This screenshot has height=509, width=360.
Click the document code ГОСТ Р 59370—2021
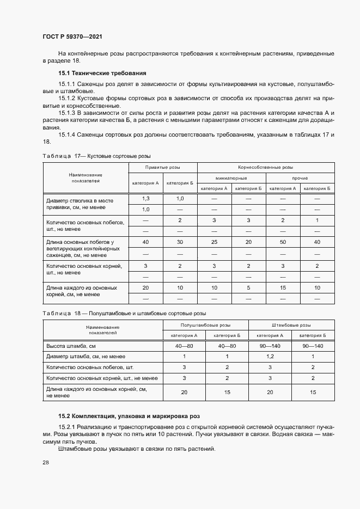[72, 36]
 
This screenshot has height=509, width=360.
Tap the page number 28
[46, 462]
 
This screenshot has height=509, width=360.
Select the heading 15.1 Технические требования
[102, 73]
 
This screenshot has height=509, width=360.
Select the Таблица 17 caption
[96, 155]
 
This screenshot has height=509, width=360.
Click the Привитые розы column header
[162, 168]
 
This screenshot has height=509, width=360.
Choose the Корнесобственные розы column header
[265, 168]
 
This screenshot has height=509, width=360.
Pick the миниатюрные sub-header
[231, 178]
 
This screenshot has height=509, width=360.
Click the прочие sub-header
[300, 178]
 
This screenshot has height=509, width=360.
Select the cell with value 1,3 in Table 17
[145, 199]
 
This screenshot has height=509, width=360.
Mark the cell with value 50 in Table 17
[283, 242]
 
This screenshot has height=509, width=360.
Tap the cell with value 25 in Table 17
[214, 242]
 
